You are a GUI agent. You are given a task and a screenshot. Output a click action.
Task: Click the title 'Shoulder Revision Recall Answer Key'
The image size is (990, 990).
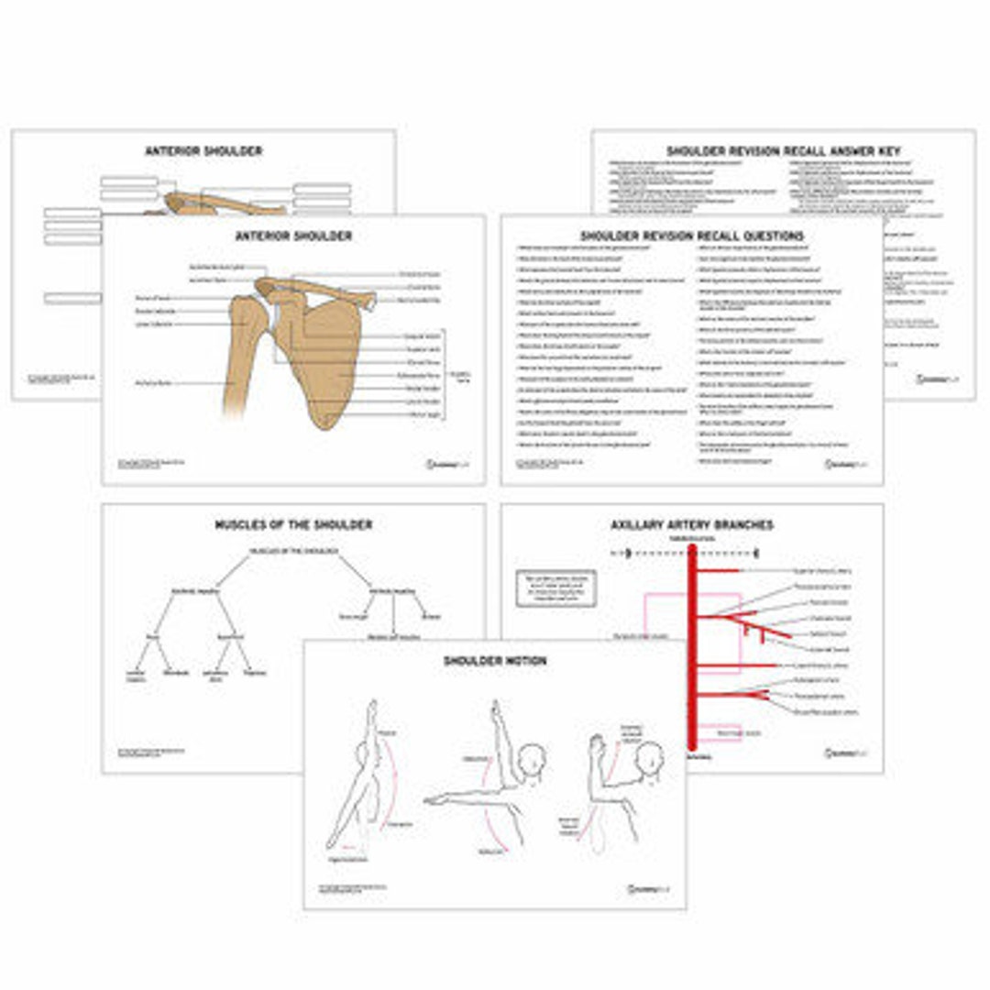(784, 150)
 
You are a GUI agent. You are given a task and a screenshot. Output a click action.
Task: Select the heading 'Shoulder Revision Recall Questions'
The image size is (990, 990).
(692, 236)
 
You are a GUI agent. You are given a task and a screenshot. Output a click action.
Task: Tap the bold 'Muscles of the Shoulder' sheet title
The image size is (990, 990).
(293, 525)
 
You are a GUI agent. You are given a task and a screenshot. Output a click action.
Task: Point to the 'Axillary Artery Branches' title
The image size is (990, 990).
(692, 525)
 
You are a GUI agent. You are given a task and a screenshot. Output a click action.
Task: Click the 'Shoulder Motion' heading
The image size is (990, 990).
(495, 661)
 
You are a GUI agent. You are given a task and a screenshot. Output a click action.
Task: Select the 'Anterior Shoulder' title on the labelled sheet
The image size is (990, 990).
(293, 236)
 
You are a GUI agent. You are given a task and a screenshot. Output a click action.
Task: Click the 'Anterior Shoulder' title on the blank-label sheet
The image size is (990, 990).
(203, 150)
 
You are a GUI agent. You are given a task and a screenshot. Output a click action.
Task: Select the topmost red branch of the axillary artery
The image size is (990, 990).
(720, 571)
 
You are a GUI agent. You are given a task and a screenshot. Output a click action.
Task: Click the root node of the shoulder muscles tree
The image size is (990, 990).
(293, 551)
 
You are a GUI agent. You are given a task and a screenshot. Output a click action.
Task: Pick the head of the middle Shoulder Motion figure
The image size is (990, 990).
(531, 760)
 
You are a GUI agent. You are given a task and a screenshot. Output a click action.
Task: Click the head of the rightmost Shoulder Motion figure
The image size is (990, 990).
(649, 759)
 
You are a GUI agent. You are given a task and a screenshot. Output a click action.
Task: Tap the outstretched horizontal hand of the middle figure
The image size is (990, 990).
(431, 800)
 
